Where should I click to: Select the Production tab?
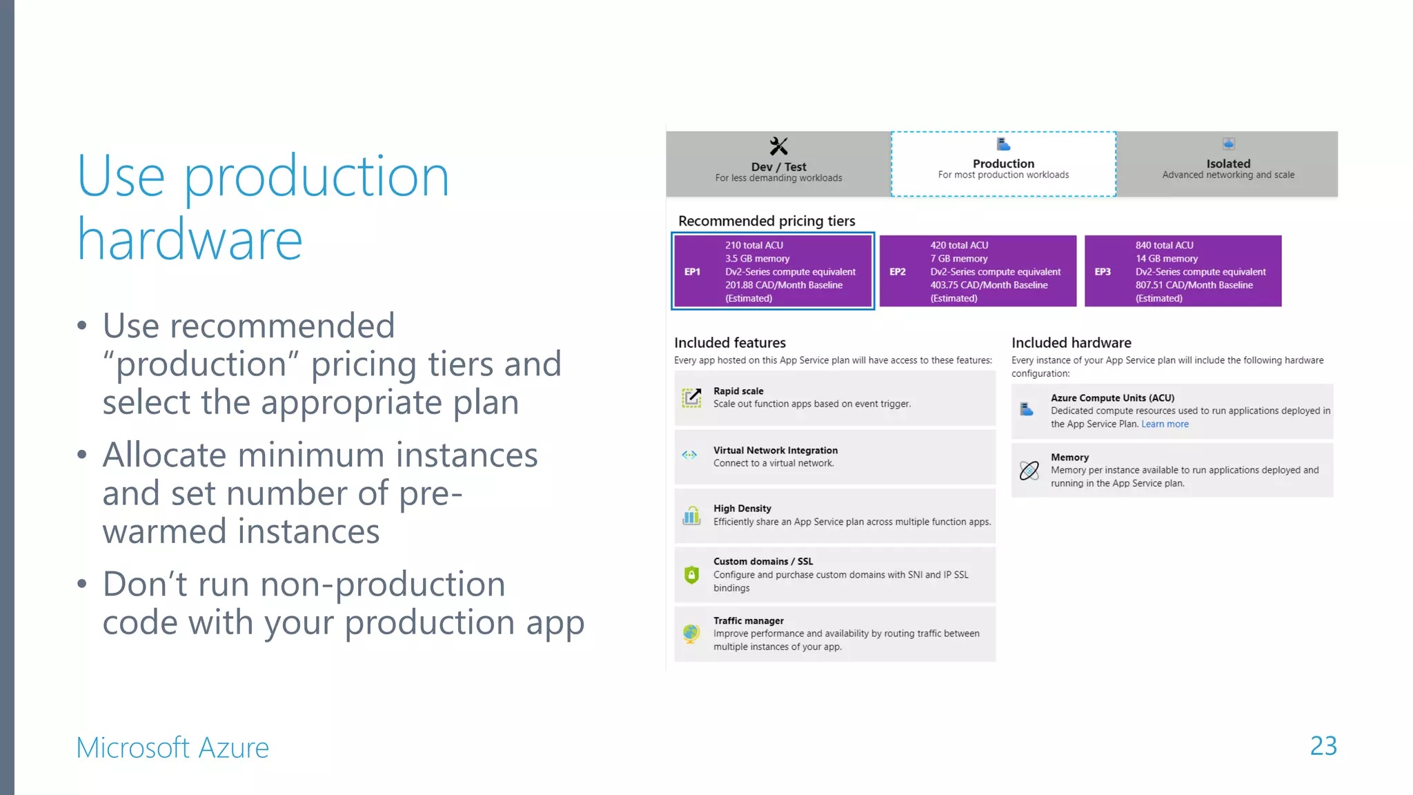point(1003,164)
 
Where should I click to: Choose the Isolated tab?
point(1227,164)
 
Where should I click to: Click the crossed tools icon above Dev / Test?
point(778,146)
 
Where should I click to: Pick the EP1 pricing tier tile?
point(773,271)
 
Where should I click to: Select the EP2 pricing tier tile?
point(978,271)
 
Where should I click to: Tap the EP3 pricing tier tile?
point(1183,271)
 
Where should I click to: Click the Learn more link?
point(1165,424)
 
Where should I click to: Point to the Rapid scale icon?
point(691,397)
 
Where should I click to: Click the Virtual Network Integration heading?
point(775,450)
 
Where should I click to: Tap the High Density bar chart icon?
point(691,516)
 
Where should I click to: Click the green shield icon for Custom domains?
point(691,574)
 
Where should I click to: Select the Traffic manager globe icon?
point(691,633)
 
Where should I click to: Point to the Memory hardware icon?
point(1029,471)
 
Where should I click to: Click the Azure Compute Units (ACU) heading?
point(1112,397)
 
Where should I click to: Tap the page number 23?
point(1323,746)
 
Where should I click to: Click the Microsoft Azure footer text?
point(172,747)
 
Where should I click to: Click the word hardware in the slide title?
point(190,240)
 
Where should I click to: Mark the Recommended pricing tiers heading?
point(767,221)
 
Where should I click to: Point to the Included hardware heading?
point(1071,343)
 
